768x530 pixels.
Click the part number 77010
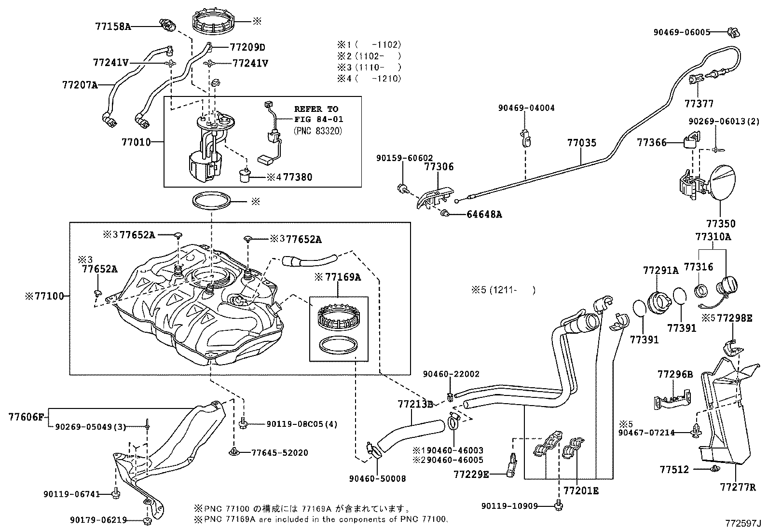pyautogui.click(x=136, y=142)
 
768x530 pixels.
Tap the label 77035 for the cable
pyautogui.click(x=582, y=143)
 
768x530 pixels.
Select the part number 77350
pyautogui.click(x=721, y=224)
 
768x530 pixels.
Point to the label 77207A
pyautogui.click(x=80, y=85)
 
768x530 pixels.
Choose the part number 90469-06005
pyautogui.click(x=682, y=32)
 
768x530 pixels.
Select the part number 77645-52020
pyautogui.click(x=280, y=453)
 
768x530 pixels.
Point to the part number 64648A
pyautogui.click(x=484, y=215)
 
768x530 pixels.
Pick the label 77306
pyautogui.click(x=439, y=167)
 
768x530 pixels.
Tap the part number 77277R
pyautogui.click(x=738, y=488)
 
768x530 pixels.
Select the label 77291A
pyautogui.click(x=660, y=271)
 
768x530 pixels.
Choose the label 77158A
pyautogui.click(x=113, y=27)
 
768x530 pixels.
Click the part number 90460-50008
pyautogui.click(x=377, y=479)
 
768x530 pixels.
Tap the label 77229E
pyautogui.click(x=471, y=475)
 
